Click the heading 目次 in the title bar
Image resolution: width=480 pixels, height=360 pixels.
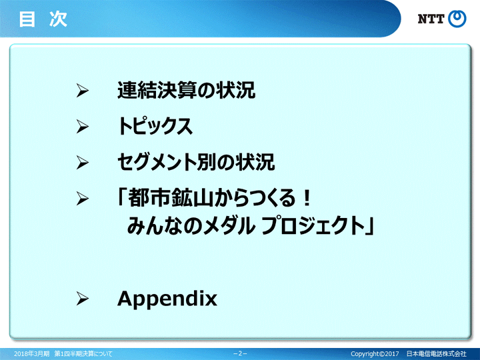(x=43, y=19)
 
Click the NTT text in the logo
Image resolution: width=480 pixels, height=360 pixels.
(x=431, y=19)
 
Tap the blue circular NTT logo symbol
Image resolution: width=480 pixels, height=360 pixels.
(x=457, y=19)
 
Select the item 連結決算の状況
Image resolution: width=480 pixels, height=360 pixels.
(x=187, y=90)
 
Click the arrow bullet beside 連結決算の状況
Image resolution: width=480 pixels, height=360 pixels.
(x=83, y=91)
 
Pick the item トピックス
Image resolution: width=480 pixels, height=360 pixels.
(x=155, y=126)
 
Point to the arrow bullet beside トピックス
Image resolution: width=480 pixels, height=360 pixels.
(x=83, y=127)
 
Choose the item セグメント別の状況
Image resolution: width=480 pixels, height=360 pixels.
(x=196, y=162)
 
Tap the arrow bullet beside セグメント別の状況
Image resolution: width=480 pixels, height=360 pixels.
(x=83, y=162)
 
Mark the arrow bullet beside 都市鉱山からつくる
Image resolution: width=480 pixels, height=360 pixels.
(x=83, y=199)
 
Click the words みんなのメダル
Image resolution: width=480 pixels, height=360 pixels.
(x=191, y=225)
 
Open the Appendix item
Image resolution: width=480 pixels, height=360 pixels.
(x=167, y=299)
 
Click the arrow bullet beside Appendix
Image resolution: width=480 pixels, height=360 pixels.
(x=83, y=299)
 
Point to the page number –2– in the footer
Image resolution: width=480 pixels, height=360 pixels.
(x=240, y=353)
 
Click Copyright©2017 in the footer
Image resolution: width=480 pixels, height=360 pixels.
(x=375, y=353)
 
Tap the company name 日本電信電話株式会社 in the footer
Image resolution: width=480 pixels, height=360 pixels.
(x=436, y=353)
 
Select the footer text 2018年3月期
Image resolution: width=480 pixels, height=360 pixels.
(x=31, y=353)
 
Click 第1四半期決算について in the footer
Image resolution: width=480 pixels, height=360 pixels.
(x=83, y=353)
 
